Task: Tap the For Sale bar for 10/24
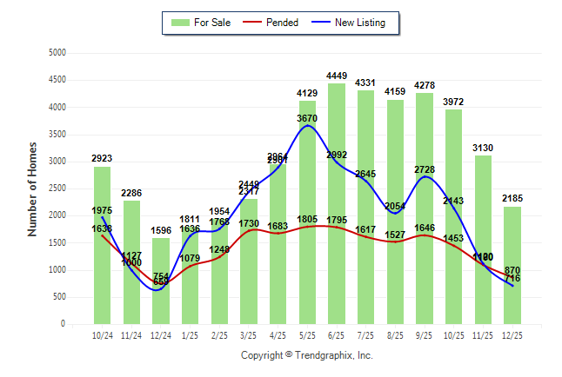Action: pos(103,244)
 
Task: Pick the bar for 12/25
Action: pos(512,264)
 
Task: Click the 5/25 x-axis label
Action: pos(307,334)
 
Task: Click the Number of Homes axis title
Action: pos(32,188)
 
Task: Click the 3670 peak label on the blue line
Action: pos(307,117)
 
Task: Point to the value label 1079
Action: pos(190,258)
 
